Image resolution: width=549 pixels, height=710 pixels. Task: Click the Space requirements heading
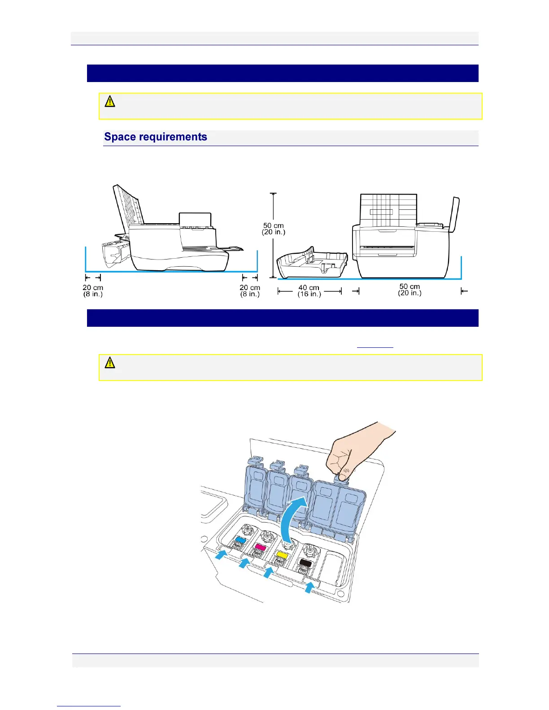156,137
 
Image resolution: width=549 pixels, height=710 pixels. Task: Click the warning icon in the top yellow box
110,101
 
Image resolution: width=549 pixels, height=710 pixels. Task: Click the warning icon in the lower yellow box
110,363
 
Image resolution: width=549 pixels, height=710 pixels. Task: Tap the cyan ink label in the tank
240,540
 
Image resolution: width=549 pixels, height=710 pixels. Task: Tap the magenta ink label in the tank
260,547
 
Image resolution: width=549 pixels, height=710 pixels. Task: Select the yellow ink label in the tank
282,555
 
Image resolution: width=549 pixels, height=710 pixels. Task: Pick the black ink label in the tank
305,563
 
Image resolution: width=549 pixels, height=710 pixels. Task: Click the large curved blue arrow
292,515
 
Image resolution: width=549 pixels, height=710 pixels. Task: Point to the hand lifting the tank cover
354,453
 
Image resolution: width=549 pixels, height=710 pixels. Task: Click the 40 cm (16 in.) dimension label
309,291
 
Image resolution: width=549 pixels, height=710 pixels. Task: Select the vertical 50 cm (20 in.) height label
274,229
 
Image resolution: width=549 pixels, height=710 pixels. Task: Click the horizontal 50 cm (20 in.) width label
410,290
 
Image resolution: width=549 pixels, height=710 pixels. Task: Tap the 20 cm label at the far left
93,291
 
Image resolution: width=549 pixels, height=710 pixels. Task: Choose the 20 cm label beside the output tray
250,291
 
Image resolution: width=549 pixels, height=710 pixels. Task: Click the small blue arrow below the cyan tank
221,555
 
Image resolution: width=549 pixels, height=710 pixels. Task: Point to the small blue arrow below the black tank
309,587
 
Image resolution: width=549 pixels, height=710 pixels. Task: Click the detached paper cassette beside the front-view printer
312,262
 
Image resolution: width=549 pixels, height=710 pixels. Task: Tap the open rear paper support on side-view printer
128,206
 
